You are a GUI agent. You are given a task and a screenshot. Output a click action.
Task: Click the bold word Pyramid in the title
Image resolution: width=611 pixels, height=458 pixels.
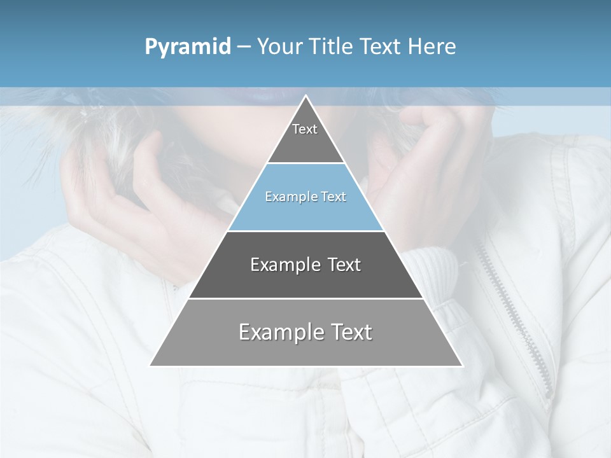click(x=187, y=46)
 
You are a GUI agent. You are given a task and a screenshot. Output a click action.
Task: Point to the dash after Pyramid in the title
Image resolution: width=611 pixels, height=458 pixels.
click(x=243, y=47)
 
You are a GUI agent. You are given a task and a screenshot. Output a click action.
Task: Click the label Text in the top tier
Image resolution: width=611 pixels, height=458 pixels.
click(x=305, y=129)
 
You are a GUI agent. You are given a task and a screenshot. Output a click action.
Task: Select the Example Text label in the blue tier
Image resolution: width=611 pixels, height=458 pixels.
click(x=305, y=197)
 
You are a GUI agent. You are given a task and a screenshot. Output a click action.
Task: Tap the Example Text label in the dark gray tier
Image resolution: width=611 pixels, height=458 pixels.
click(x=305, y=265)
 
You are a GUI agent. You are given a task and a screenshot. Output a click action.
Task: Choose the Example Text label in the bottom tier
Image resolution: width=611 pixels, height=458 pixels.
click(x=305, y=332)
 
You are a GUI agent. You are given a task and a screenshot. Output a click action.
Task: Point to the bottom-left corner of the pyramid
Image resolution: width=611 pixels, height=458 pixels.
click(x=151, y=365)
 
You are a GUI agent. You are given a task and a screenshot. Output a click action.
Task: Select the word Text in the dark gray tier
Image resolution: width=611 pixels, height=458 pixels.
click(x=344, y=265)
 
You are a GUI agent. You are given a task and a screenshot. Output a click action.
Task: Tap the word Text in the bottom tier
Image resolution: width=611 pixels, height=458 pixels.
click(x=350, y=332)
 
